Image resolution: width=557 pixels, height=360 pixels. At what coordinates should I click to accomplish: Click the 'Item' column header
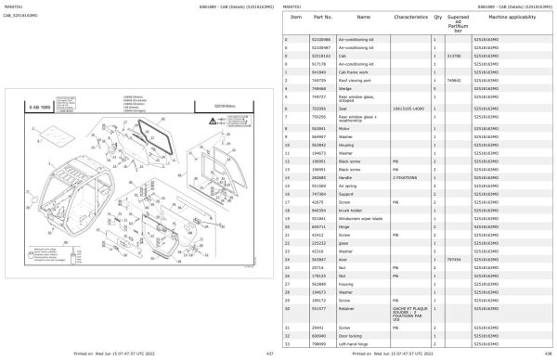[x=296, y=18]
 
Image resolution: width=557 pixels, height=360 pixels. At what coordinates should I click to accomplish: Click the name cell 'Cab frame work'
[x=356, y=71]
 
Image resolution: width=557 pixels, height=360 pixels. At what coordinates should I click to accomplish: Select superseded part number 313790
[x=453, y=56]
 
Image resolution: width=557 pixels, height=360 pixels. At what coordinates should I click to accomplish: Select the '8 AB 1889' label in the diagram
[x=40, y=108]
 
